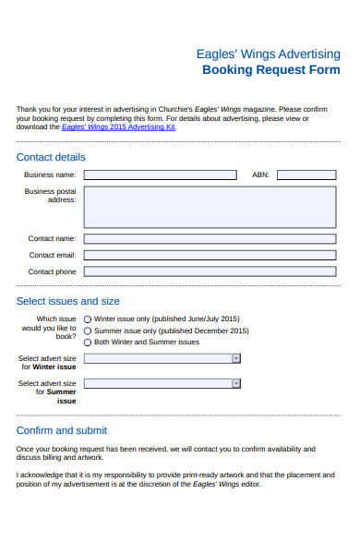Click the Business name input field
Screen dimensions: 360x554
click(160, 175)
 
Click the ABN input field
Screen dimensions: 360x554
click(306, 175)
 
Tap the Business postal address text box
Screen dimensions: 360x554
click(210, 207)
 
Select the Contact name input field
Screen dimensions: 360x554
click(210, 238)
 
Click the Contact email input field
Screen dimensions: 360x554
click(210, 255)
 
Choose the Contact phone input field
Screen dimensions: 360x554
click(210, 271)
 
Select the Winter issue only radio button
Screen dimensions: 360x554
click(88, 319)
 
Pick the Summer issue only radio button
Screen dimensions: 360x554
click(88, 331)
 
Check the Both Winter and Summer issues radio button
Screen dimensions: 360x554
click(88, 342)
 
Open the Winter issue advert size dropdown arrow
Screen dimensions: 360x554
click(236, 358)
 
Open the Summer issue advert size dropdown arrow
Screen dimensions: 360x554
click(236, 383)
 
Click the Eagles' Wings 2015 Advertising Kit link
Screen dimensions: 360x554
click(117, 126)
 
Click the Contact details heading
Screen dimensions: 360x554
click(51, 157)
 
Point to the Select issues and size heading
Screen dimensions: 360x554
click(68, 301)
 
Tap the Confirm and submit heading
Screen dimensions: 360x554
click(62, 430)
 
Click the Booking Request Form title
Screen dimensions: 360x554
click(270, 70)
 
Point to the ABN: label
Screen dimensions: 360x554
click(260, 175)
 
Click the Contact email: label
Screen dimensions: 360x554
click(53, 255)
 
